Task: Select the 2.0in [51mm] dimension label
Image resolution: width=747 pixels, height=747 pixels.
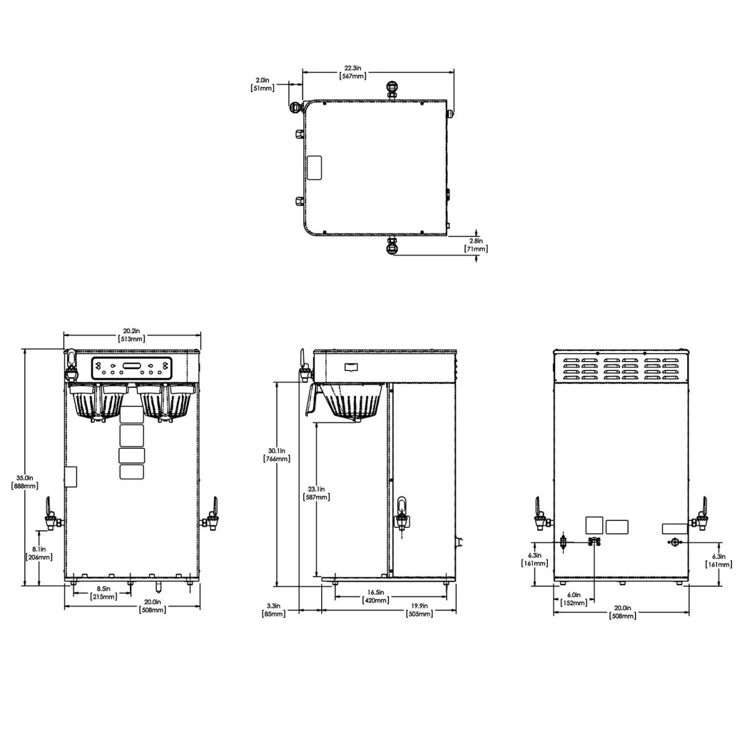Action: [261, 84]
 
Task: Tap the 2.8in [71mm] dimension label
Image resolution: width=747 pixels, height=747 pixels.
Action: [476, 245]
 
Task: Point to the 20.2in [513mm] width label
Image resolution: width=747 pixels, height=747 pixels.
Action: [131, 335]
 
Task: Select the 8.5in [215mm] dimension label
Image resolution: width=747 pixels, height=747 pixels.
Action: [103, 593]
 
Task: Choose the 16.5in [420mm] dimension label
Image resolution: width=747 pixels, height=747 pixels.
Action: [376, 596]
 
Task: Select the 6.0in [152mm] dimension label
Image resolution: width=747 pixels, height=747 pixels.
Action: [573, 599]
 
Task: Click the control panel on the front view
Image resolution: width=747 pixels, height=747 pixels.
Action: [131, 369]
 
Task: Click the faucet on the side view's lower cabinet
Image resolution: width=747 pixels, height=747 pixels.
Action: [402, 513]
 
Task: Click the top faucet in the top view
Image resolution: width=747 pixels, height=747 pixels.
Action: [392, 89]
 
